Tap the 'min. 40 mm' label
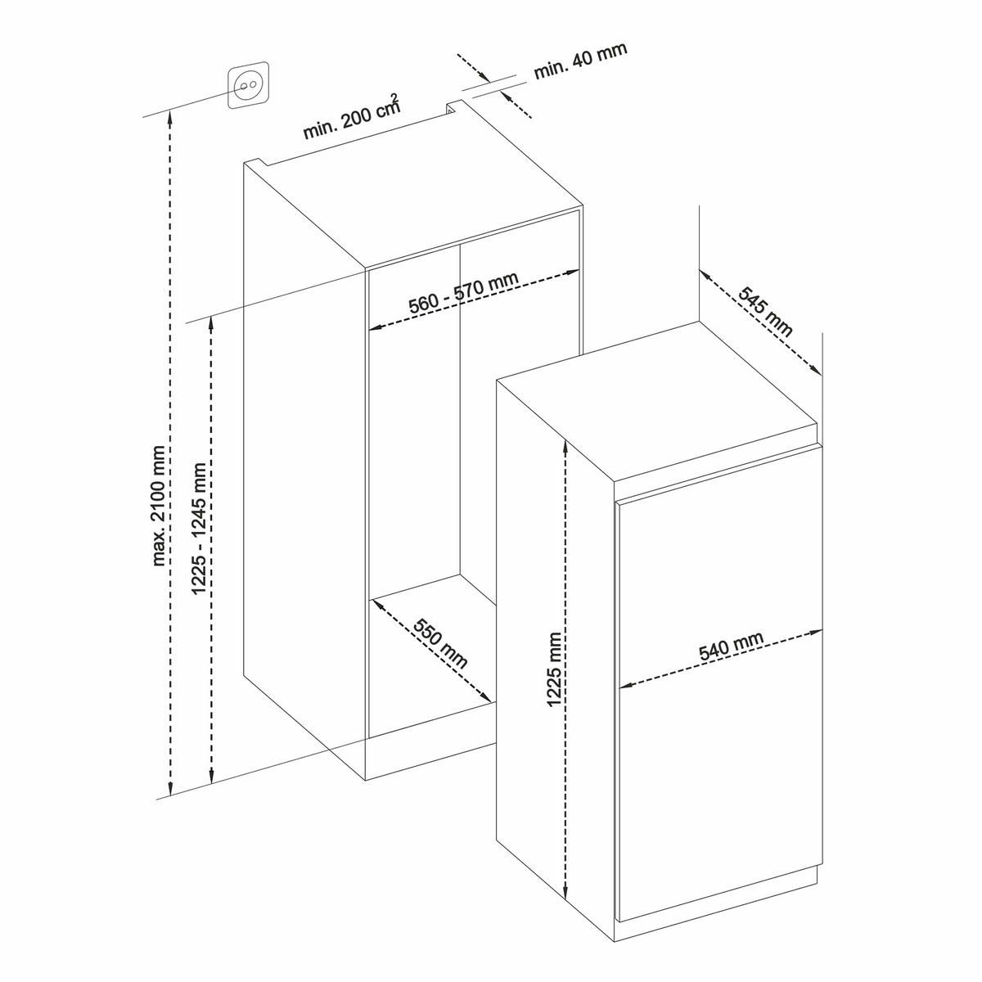[581, 60]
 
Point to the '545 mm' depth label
[766, 311]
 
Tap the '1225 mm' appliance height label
[555, 669]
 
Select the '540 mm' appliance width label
[731, 647]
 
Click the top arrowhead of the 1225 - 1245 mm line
[212, 319]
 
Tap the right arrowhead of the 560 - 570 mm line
[576, 271]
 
